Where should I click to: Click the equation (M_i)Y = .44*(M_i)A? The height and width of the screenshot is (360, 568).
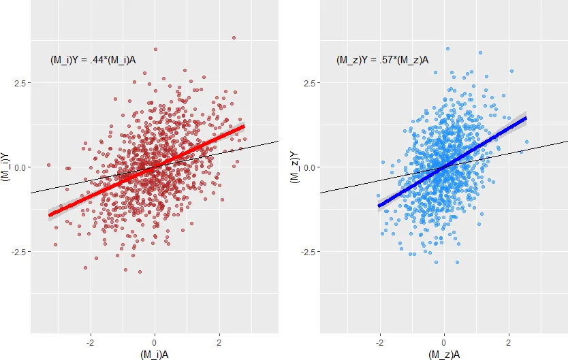(x=97, y=60)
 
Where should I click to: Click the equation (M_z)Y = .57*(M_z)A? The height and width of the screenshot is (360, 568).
(x=382, y=60)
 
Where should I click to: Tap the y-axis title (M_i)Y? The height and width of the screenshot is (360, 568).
(x=7, y=167)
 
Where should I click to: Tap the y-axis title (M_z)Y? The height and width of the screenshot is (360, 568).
(x=295, y=167)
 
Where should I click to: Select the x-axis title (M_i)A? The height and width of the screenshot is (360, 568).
(x=155, y=354)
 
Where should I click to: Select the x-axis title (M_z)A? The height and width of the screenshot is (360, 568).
(x=443, y=354)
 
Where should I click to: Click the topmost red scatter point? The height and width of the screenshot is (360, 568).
(x=234, y=38)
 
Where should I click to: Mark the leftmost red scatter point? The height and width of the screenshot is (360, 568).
(x=48, y=165)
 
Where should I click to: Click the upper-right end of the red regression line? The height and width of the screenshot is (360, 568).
(x=243, y=126)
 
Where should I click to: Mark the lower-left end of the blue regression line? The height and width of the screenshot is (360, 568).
(x=379, y=206)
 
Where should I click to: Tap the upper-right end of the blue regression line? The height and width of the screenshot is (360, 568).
(x=525, y=118)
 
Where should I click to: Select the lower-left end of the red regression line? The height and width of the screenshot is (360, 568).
(x=50, y=215)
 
